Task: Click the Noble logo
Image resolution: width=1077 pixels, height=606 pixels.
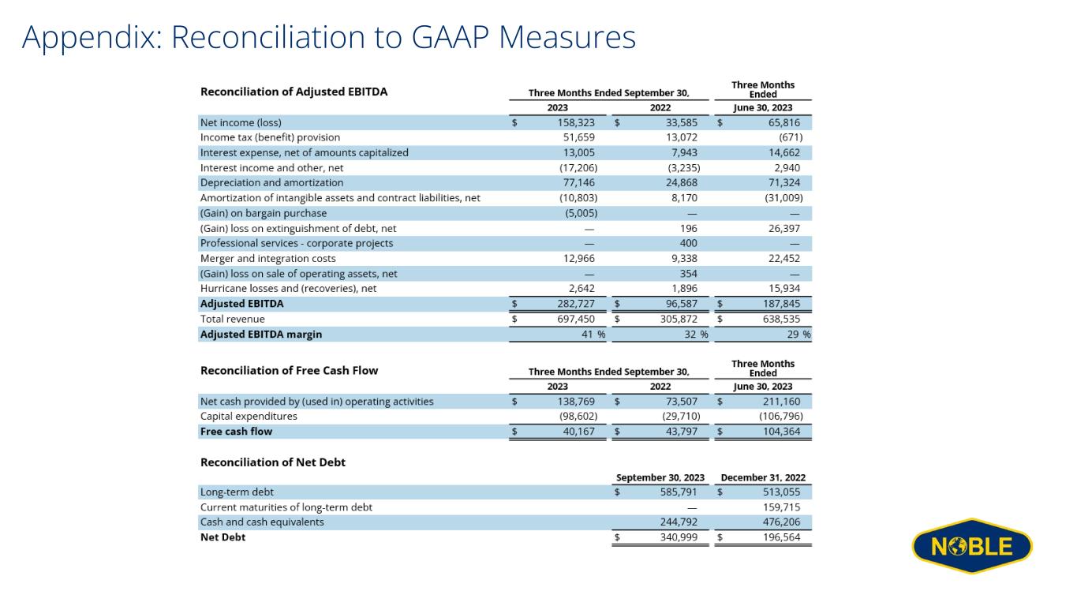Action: point(972,546)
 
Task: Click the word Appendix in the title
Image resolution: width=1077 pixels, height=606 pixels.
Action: point(92,38)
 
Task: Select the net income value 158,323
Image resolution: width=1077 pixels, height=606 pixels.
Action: point(576,122)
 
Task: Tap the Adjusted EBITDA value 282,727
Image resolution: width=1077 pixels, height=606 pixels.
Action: point(576,304)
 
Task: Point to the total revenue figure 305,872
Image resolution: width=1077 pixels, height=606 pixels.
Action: point(679,319)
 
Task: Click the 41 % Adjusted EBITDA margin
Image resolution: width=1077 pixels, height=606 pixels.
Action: point(593,335)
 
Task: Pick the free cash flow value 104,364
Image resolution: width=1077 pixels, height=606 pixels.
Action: point(781,432)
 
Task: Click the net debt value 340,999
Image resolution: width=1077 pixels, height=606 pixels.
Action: point(679,537)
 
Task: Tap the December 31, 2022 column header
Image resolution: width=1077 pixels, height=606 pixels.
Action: point(763,477)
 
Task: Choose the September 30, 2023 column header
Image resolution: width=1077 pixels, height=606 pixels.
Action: point(660,477)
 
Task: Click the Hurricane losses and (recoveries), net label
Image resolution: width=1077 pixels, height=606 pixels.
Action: point(289,289)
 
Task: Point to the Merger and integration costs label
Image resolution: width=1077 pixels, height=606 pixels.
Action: point(267,259)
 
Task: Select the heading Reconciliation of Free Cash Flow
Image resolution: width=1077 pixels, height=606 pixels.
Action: point(289,370)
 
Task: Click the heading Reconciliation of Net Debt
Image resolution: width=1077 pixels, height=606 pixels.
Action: point(273,462)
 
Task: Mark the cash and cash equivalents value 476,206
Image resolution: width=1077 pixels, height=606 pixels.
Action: point(781,522)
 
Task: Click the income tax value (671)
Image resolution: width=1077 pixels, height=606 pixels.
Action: point(791,137)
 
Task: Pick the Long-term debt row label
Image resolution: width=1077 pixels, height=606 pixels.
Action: point(237,492)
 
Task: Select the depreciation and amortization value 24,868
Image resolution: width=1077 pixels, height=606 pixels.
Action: point(681,183)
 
